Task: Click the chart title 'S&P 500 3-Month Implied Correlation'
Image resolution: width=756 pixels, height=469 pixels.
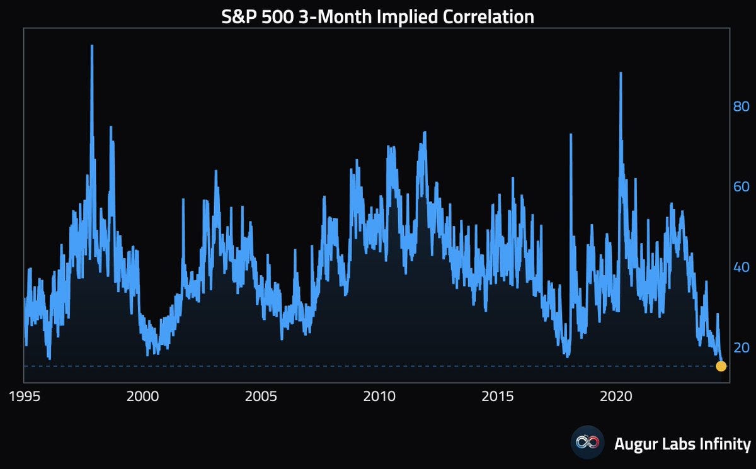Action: [377, 16]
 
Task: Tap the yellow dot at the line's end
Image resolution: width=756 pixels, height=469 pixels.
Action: [721, 366]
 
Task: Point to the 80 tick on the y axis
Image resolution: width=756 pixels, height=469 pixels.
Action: [741, 106]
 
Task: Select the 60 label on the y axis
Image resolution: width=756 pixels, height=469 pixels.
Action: [741, 187]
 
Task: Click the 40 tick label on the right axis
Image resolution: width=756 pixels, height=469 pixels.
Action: [741, 268]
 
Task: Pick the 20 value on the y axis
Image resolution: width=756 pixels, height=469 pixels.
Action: [741, 348]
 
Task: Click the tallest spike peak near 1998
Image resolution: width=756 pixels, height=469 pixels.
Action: [92, 46]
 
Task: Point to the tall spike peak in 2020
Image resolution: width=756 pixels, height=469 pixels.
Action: [621, 73]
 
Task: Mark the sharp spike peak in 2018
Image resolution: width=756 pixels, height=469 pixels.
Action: [571, 135]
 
